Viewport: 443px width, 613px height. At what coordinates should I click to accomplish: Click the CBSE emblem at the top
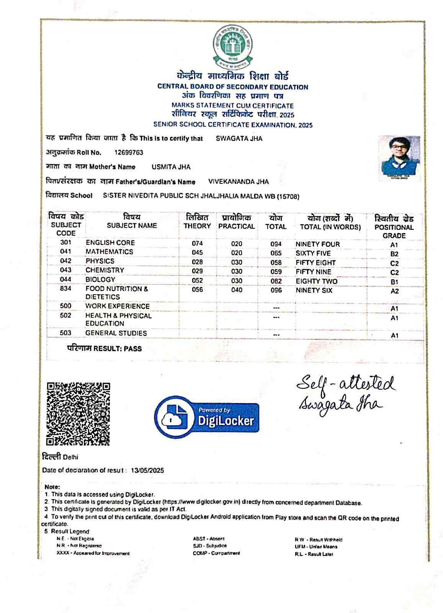(233, 46)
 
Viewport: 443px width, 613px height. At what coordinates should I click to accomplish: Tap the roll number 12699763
(129, 152)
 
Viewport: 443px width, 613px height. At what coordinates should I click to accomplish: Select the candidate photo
(399, 158)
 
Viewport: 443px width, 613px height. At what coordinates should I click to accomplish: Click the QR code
(78, 414)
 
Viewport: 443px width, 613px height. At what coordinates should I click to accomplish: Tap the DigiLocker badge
(207, 417)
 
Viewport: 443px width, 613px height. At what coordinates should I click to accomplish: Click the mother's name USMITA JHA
(171, 167)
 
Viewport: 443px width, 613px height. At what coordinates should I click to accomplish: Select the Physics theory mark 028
(197, 262)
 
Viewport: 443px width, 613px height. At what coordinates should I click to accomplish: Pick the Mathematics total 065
(276, 253)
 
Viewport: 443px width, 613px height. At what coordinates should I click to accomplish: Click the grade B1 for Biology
(394, 282)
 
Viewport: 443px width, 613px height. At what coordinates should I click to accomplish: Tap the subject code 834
(65, 288)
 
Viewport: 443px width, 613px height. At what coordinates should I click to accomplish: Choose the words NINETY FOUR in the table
(317, 244)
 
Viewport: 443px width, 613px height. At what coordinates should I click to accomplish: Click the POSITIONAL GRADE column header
(394, 227)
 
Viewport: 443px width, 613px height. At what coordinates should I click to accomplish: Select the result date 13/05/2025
(147, 470)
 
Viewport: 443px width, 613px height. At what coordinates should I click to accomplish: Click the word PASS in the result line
(132, 349)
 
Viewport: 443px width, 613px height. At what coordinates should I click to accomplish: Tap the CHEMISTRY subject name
(105, 270)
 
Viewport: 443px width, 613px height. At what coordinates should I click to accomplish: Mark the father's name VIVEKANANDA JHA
(238, 182)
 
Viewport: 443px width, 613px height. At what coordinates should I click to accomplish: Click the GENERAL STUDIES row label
(116, 333)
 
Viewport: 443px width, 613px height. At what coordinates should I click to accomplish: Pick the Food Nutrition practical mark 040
(237, 290)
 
